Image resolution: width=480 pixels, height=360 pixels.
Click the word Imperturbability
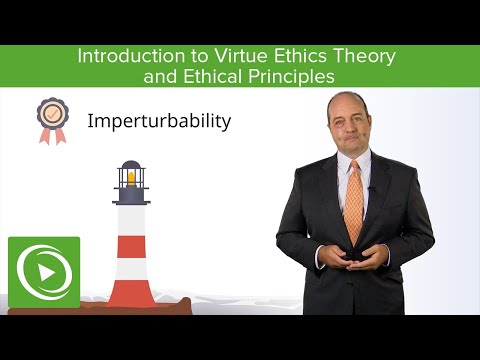coord(159,122)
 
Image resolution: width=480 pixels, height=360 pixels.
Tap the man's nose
coord(350,128)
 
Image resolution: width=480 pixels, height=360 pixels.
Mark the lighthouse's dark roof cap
coord(130,166)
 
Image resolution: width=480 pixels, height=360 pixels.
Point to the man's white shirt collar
coord(340,166)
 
